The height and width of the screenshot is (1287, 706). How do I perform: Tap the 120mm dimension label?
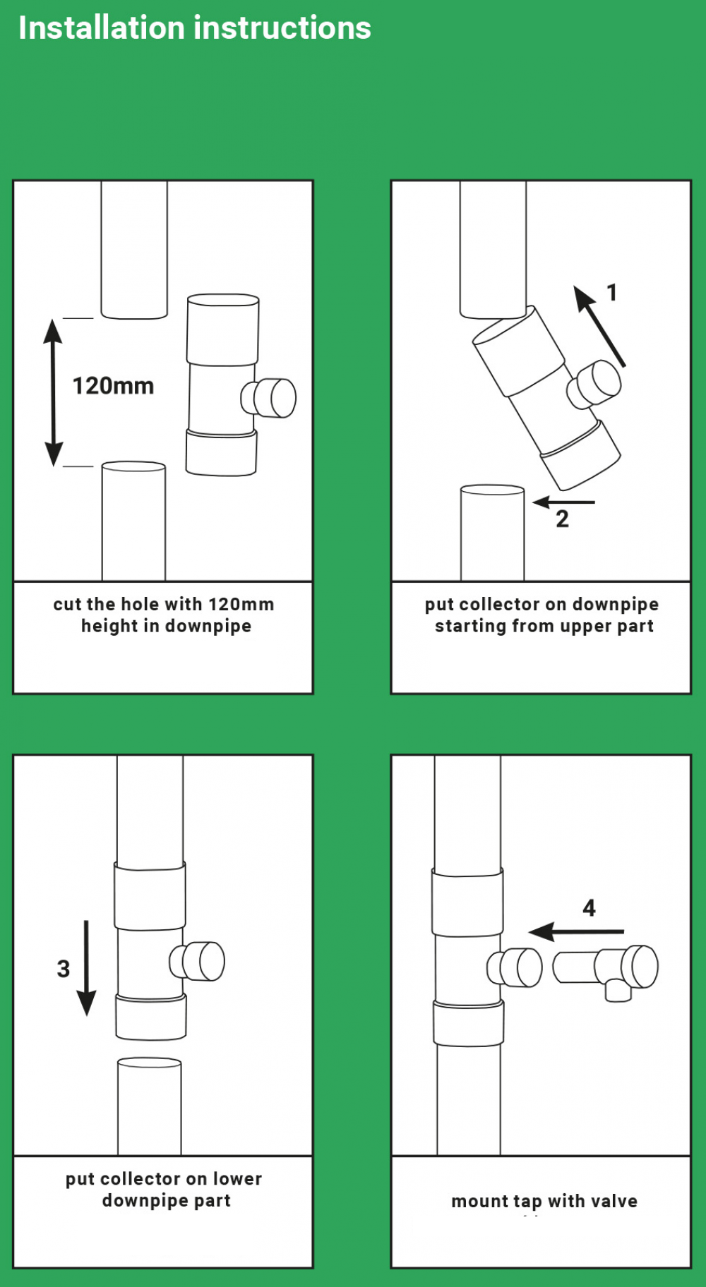coord(113,386)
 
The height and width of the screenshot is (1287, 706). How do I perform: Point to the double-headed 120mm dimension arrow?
coord(54,392)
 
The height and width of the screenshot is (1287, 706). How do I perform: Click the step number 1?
coord(612,292)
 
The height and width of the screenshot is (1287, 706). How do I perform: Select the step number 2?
coord(562,519)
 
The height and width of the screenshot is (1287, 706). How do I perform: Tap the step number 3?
coord(64,969)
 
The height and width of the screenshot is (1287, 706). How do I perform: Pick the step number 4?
coord(589,908)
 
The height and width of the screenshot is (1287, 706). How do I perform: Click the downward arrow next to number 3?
coord(86,967)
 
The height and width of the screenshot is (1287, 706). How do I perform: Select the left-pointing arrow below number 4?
coord(575,932)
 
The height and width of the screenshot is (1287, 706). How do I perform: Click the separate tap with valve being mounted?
coord(607,969)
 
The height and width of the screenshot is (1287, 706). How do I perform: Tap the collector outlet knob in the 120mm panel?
coord(270,398)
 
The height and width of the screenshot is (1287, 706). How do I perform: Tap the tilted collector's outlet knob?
coord(595,383)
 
